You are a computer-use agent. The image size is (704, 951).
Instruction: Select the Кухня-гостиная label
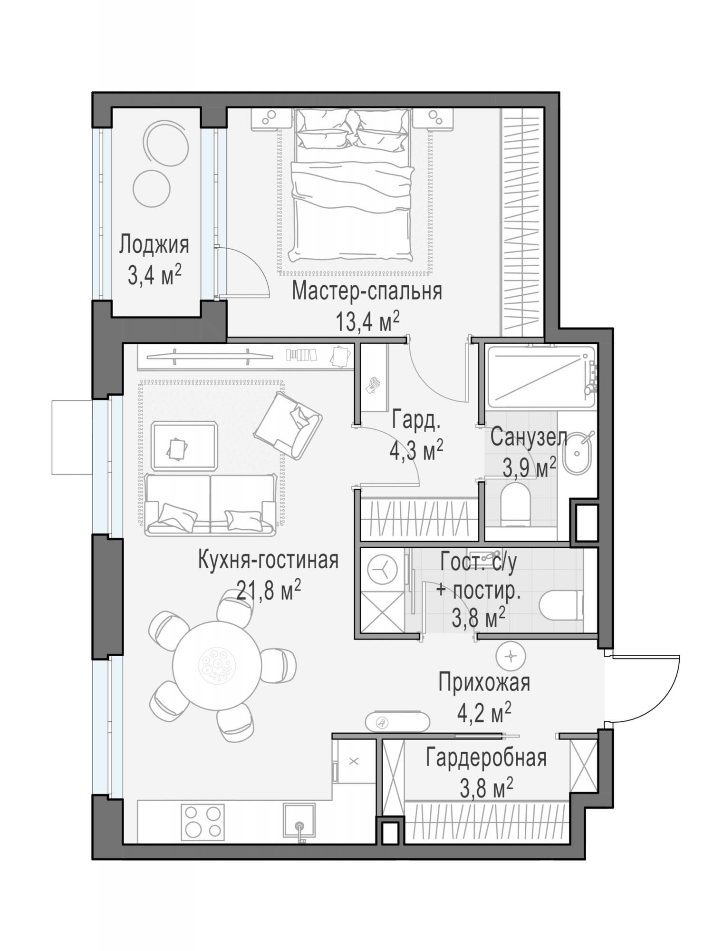[268, 560]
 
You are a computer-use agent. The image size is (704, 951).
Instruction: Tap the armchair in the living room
[288, 426]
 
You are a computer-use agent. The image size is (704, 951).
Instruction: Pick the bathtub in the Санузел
[541, 378]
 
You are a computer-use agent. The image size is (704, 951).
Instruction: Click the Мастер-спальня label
[367, 291]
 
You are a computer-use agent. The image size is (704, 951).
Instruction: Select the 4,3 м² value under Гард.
[416, 450]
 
